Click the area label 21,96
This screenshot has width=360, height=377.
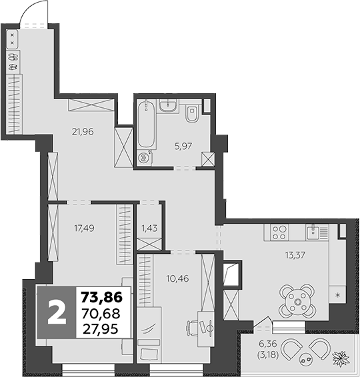pos(83,131)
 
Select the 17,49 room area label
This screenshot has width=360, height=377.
pos(83,226)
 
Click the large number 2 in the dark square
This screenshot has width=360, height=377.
pos(58,311)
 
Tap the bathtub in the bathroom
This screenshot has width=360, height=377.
pos(145,125)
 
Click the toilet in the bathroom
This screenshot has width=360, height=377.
pos(192,115)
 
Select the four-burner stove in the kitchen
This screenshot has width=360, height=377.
pos(279,233)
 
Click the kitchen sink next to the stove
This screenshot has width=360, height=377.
pos(313,232)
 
